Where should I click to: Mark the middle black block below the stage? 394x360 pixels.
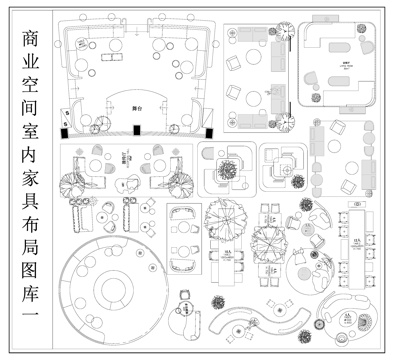[137, 129]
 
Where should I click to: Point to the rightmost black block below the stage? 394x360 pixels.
[208, 129]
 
